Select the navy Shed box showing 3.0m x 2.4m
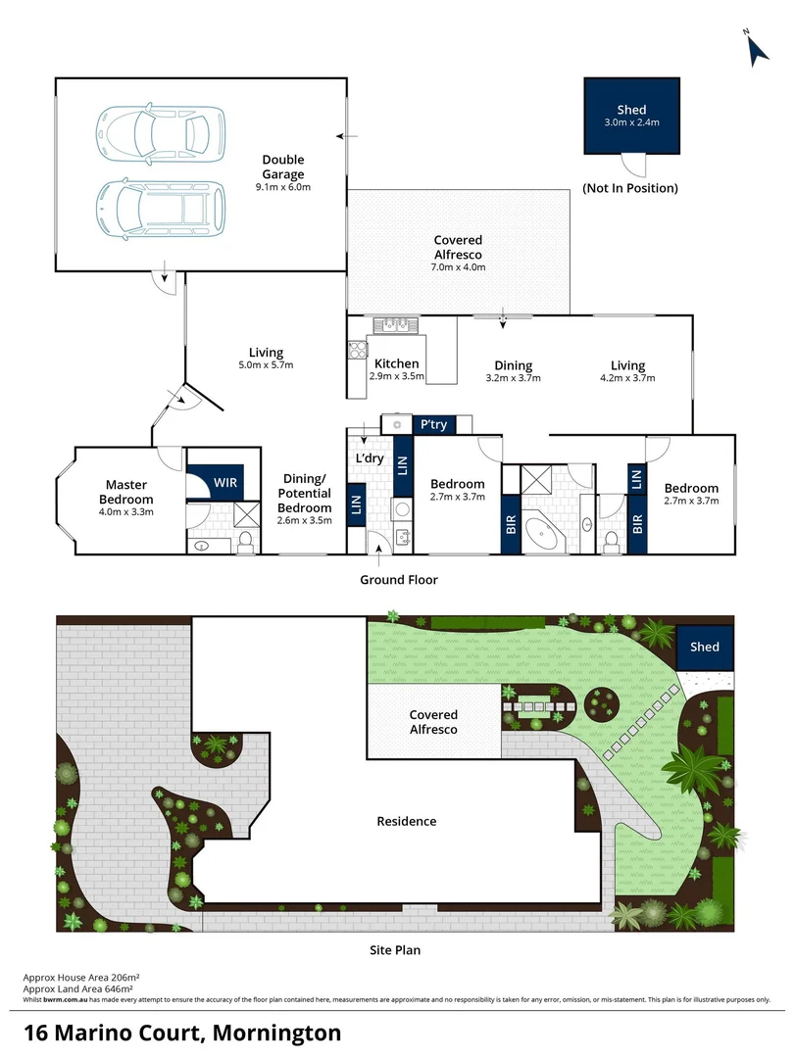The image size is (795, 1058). pos(631,116)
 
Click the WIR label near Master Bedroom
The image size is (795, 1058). pos(224,483)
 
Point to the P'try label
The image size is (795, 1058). pos(432,424)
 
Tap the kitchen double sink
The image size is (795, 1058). pos(397,324)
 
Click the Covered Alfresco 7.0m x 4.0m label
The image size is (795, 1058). pos(459,253)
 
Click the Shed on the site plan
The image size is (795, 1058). pos(704,647)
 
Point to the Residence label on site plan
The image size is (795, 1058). pos(407,821)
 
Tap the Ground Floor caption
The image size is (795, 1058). pos(398,580)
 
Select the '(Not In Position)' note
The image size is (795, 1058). pos(629,187)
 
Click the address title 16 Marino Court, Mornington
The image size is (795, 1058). pos(183,1033)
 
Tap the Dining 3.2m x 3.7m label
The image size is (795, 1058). pos(513,370)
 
